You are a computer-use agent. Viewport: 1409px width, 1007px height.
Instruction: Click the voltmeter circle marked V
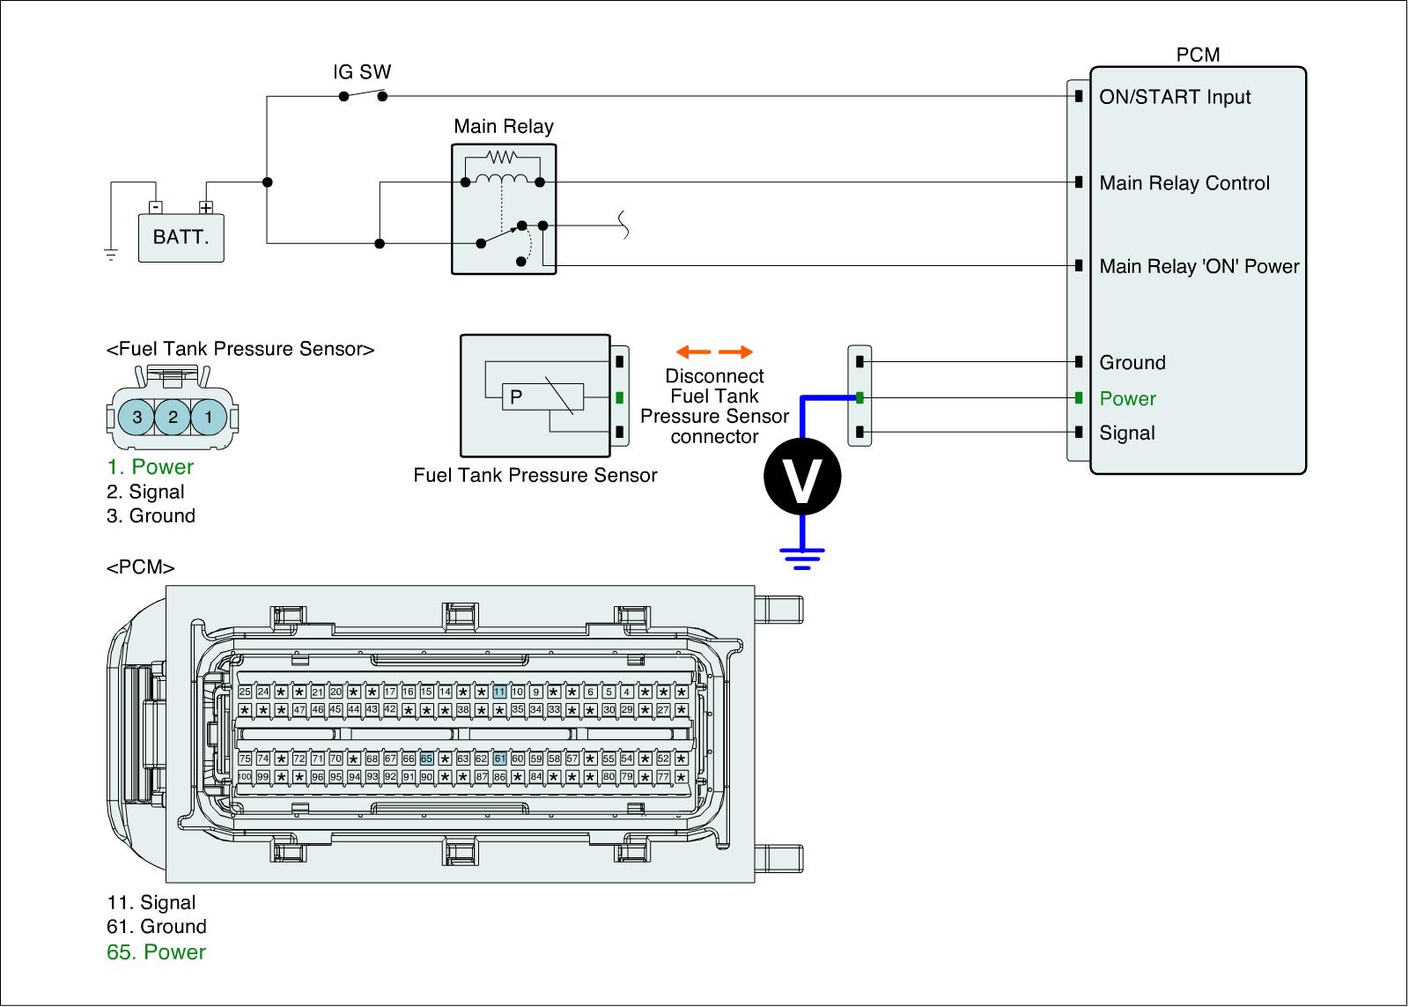click(802, 477)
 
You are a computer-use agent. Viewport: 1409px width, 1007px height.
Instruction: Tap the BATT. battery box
click(181, 237)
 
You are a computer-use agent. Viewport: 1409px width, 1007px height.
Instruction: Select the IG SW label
click(362, 72)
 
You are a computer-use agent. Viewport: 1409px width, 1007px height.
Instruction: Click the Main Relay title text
click(504, 126)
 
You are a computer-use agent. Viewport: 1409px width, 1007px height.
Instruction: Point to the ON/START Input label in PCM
click(1175, 97)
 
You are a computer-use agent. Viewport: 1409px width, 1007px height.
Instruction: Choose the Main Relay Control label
click(1184, 183)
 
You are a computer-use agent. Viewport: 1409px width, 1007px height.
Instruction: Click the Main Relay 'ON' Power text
click(1199, 266)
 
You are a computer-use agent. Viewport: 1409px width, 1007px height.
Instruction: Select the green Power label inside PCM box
click(1127, 399)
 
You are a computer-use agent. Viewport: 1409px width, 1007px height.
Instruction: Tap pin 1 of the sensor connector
click(209, 417)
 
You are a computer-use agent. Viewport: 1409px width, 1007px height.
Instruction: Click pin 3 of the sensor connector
click(137, 417)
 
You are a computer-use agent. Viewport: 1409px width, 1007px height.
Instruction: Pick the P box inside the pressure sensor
click(517, 396)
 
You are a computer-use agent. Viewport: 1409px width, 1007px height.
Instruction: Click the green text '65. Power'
click(156, 952)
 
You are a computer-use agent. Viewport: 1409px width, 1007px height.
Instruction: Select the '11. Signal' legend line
click(151, 902)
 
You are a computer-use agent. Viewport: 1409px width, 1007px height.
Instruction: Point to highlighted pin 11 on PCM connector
click(499, 692)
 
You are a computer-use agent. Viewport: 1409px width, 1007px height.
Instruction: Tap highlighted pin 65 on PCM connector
click(426, 759)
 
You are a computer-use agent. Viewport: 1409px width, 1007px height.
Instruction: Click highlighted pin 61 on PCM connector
click(499, 759)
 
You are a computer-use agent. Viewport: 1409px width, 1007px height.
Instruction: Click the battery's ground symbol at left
click(111, 255)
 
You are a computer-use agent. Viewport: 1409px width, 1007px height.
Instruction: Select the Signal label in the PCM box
click(1127, 433)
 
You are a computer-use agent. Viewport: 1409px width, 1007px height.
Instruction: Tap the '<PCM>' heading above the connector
click(141, 567)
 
